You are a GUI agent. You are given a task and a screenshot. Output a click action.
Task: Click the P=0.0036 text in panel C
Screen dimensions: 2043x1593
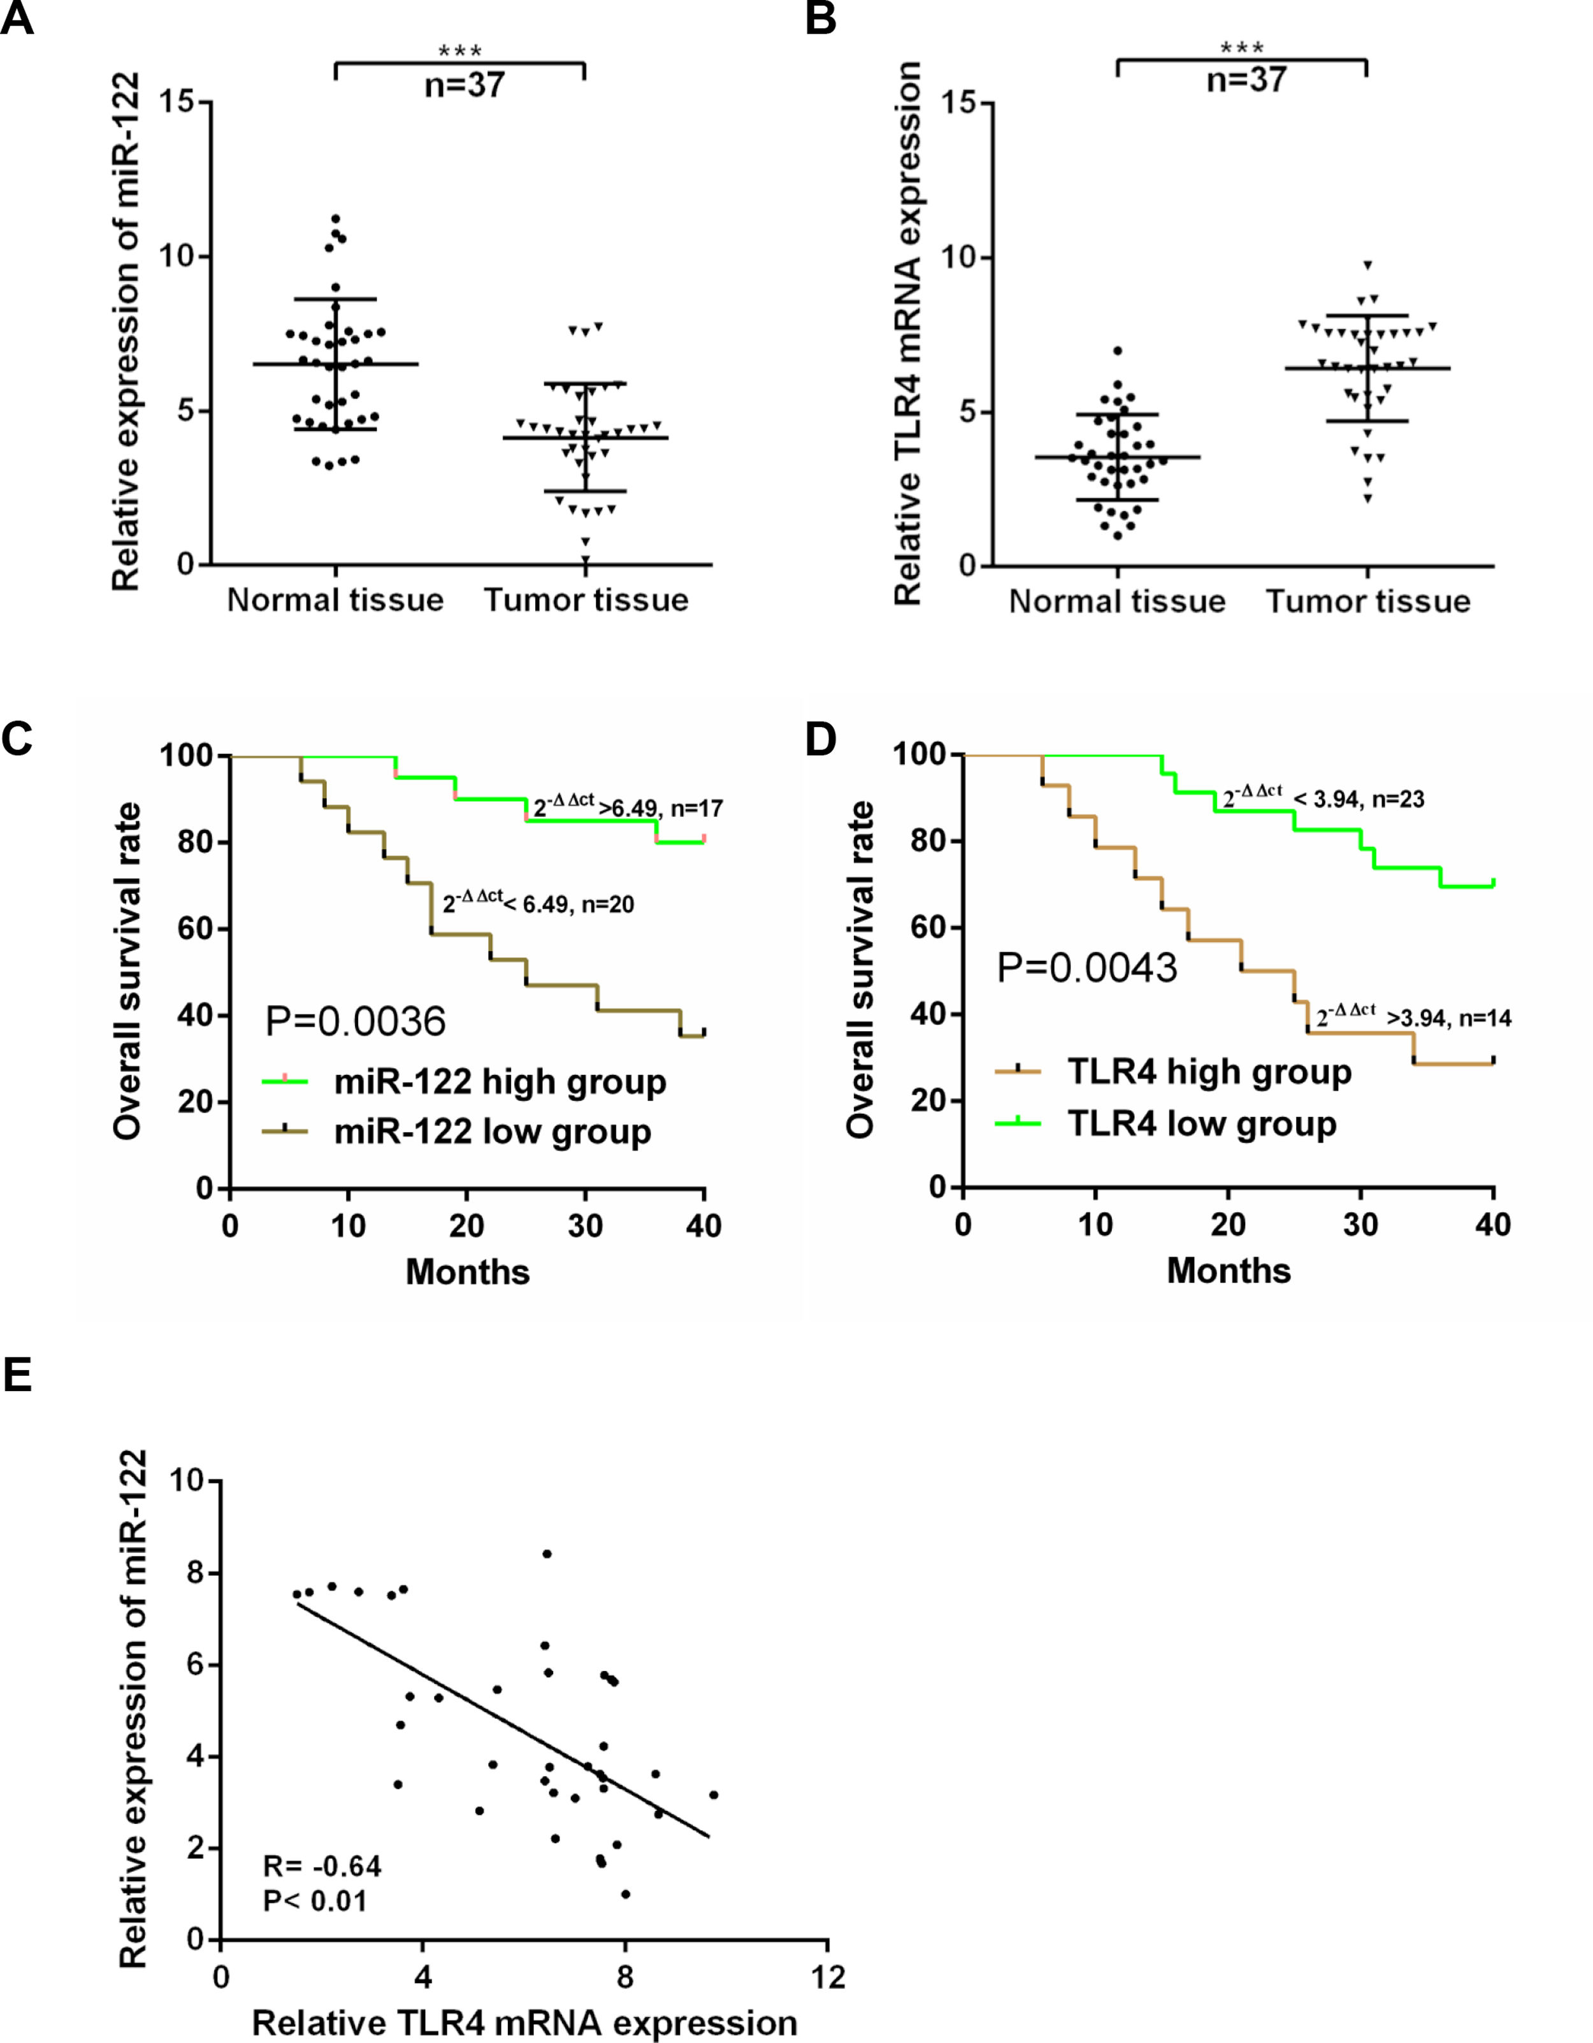(356, 1021)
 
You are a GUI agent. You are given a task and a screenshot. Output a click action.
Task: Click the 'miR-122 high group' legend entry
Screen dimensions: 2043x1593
(500, 1081)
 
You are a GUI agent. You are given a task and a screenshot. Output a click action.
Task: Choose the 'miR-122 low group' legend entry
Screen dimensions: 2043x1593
(492, 1131)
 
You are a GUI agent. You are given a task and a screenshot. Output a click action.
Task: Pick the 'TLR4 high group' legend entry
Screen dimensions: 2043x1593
(1209, 1072)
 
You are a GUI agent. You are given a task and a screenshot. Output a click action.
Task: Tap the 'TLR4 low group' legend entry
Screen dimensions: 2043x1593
(1202, 1123)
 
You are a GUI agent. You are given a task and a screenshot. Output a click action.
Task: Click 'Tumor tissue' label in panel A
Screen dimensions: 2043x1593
(586, 600)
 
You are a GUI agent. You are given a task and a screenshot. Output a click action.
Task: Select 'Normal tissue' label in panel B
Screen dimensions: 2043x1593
(1117, 602)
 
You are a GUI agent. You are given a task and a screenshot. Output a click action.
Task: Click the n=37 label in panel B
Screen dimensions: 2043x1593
(1246, 80)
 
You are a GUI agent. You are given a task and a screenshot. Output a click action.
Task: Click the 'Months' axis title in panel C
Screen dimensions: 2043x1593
(468, 1272)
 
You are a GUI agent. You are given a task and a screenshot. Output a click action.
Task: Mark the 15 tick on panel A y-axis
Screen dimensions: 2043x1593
(176, 101)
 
